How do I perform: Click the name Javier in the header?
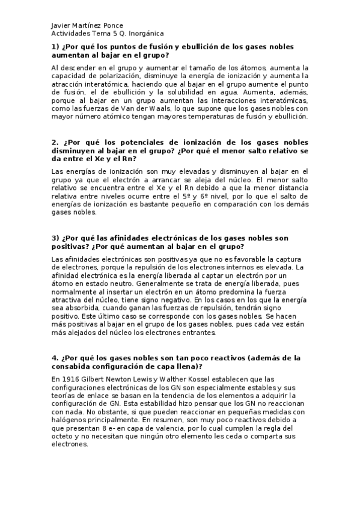point(61,26)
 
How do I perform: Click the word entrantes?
point(195,332)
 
